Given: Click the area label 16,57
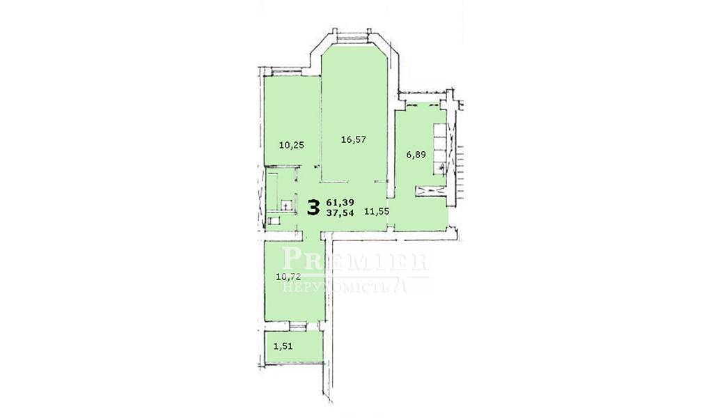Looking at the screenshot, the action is click(353, 139).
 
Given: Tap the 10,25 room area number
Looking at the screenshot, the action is click(292, 146).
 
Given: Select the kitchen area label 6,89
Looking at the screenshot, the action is click(416, 155).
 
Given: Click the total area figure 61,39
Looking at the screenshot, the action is click(340, 201).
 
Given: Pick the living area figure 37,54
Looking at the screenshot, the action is click(340, 212).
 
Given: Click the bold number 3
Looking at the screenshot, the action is click(313, 208).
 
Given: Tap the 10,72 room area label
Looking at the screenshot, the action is click(289, 276).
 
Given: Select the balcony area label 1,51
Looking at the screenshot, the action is click(283, 346).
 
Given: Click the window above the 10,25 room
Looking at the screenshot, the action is click(286, 72).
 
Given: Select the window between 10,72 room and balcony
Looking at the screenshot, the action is click(298, 325).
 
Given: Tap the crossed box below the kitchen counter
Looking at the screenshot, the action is click(430, 191).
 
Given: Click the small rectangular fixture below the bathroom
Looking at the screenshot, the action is click(275, 221).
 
